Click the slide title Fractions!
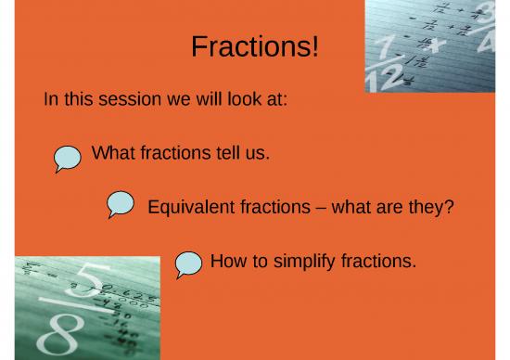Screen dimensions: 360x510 254,46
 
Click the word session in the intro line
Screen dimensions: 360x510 127,99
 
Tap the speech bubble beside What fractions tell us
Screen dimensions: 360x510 67,158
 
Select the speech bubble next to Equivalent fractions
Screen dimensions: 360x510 121,204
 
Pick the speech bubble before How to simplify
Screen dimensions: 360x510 189,264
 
